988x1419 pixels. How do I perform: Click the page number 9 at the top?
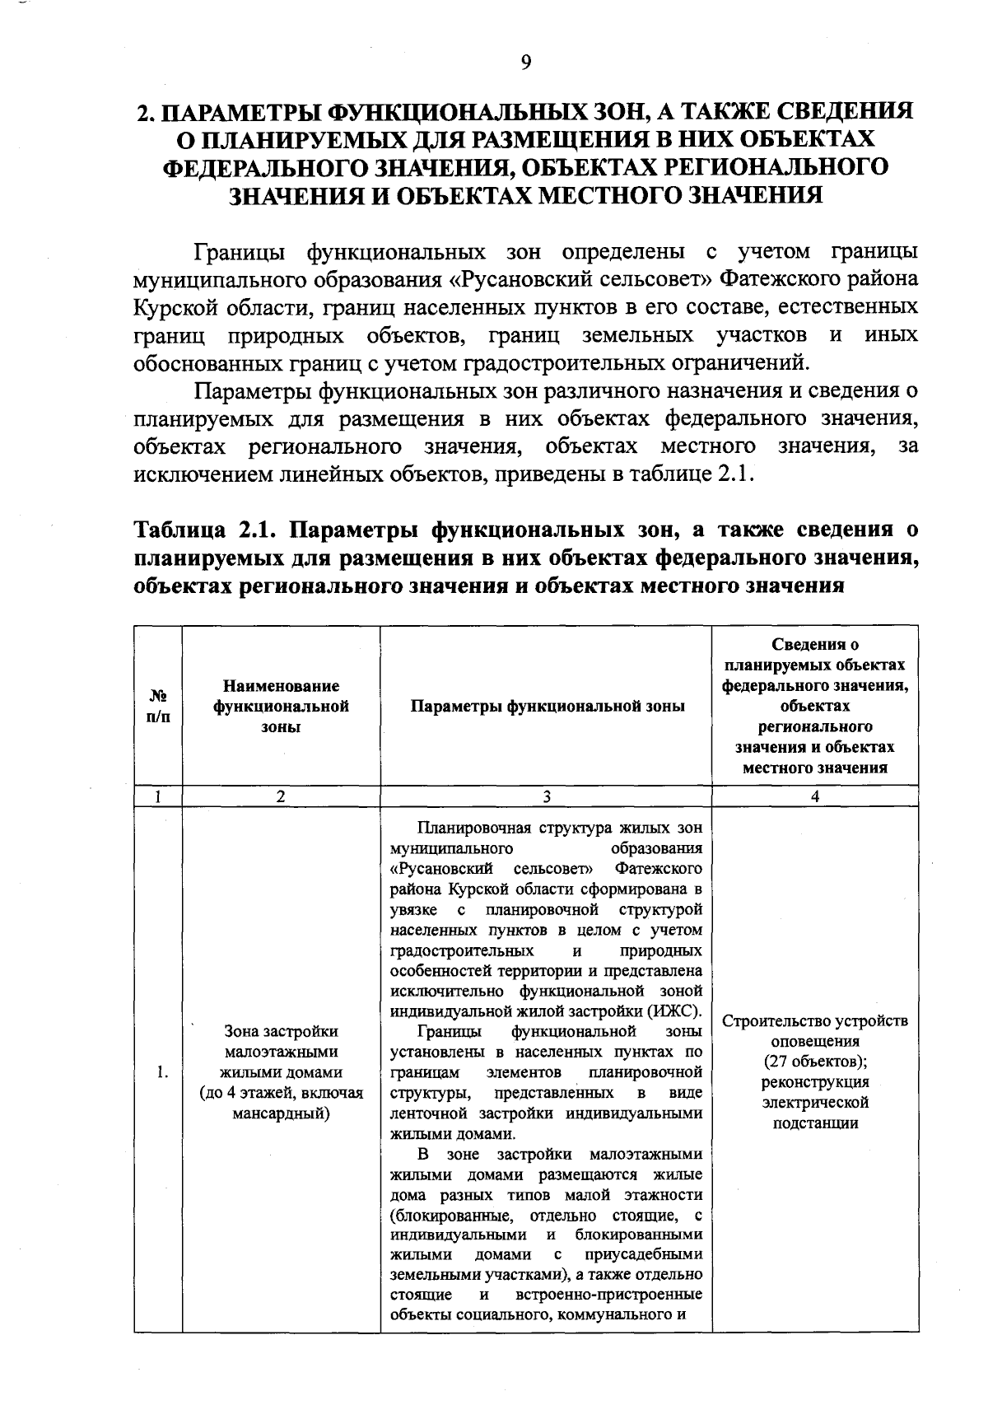tap(526, 63)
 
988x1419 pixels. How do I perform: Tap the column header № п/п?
tap(157, 707)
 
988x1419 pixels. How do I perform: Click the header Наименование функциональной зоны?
tap(281, 706)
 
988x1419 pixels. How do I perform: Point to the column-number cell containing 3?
tap(546, 796)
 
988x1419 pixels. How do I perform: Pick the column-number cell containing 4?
tap(815, 796)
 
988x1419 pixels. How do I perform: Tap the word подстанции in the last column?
tap(815, 1123)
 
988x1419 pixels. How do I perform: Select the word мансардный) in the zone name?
tap(281, 1113)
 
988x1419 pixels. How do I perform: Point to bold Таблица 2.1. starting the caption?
tap(203, 528)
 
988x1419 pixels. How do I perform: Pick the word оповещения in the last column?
tap(815, 1041)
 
